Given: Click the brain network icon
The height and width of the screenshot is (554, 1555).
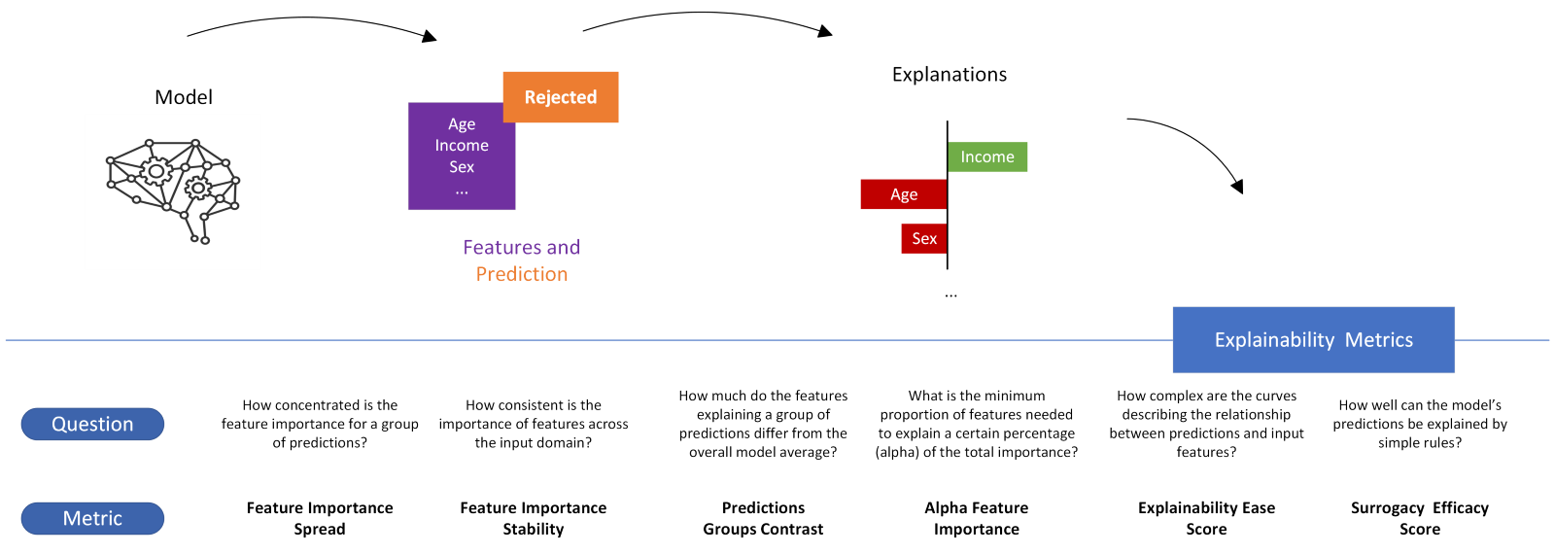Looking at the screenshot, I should [x=173, y=191].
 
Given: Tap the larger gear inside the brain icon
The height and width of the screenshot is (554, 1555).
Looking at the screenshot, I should [x=155, y=172].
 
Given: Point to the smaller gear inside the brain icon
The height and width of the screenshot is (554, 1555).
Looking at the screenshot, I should [x=198, y=188].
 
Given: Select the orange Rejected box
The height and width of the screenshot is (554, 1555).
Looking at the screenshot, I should [x=561, y=97].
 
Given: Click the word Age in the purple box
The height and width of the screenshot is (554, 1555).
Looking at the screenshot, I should [x=462, y=124].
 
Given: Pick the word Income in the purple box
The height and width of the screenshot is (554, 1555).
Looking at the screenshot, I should [x=462, y=146].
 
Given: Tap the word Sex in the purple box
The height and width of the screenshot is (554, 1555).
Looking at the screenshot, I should [x=462, y=167].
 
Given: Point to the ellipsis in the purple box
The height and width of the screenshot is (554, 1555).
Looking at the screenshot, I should [x=462, y=190].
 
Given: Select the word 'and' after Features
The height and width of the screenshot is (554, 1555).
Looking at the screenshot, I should [x=564, y=248].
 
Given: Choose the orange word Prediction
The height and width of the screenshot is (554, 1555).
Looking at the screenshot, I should [x=522, y=275].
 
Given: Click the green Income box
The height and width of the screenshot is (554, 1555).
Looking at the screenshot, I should [x=987, y=156].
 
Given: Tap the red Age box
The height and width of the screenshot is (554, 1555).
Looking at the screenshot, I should [x=903, y=194].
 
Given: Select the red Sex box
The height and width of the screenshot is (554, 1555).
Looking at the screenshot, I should [x=923, y=239].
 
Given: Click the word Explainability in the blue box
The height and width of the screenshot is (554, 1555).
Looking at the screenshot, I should [x=1274, y=340].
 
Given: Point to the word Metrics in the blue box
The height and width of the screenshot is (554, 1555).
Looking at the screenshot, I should [x=1379, y=340].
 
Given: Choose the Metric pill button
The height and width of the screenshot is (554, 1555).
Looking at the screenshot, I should [x=92, y=518].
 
